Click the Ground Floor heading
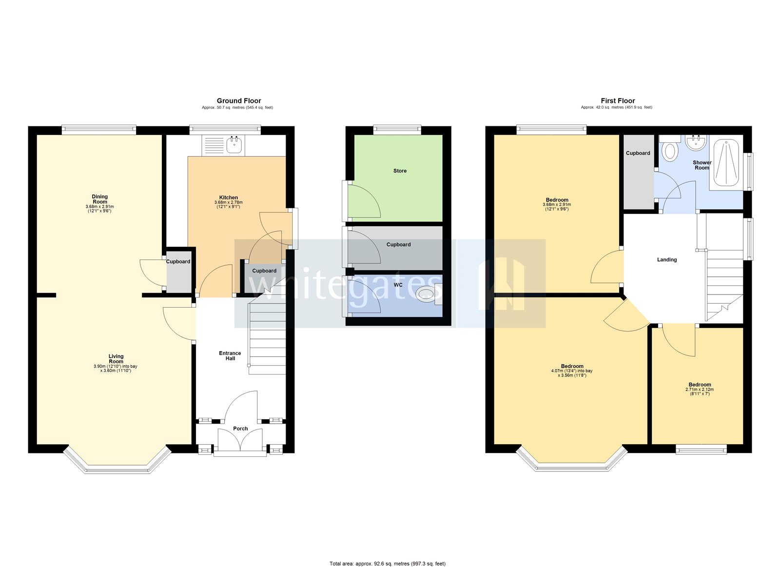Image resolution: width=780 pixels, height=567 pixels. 239,101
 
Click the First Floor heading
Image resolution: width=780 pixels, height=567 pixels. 618,101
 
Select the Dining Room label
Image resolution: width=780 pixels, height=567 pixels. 100,199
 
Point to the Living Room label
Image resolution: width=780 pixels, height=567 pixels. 116,359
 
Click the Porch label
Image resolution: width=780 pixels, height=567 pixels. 240,429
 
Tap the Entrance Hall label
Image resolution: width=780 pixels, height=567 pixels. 230,356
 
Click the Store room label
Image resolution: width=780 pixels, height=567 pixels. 400,171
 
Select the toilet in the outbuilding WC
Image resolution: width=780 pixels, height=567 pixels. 426,294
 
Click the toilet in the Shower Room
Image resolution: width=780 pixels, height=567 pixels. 670,151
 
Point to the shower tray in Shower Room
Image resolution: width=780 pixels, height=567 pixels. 726,162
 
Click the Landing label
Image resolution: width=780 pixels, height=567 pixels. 666,260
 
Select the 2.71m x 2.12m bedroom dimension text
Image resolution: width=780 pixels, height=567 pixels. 700,390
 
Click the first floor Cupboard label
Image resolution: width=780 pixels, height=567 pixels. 638,153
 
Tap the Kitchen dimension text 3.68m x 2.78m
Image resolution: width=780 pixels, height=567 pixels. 228,202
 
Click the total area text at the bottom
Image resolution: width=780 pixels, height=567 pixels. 388,564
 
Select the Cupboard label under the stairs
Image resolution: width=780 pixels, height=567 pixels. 264,271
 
